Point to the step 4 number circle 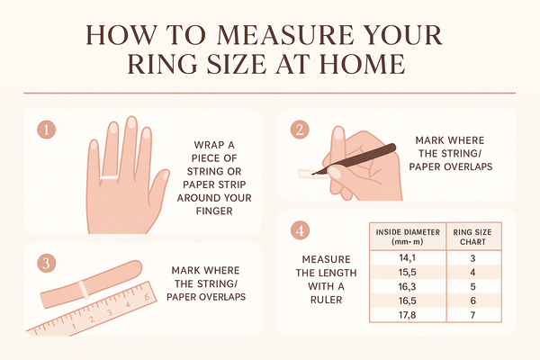[x=300, y=230]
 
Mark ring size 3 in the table [x=473, y=259]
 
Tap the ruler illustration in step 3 [x=99, y=315]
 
